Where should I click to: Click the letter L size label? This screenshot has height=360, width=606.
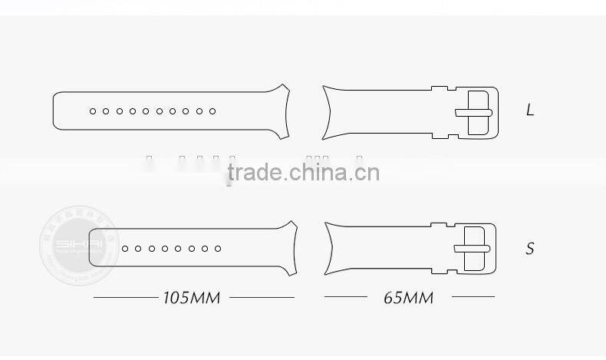click(530, 111)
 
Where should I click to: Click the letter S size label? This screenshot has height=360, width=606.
click(530, 249)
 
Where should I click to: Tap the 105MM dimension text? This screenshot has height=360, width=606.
click(192, 297)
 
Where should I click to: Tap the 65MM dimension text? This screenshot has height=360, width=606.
click(408, 297)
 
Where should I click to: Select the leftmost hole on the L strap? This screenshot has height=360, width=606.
click(93, 111)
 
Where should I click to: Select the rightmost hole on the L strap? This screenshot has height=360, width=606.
click(212, 111)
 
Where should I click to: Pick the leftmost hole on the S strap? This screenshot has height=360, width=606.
click(125, 249)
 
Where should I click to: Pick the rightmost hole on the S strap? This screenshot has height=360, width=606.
click(218, 249)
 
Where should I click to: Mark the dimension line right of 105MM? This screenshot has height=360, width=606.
click(262, 296)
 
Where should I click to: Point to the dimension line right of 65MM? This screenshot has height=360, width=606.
click(473, 296)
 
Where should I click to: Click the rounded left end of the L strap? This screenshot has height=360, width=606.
click(55, 111)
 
